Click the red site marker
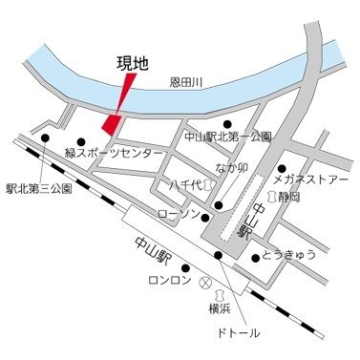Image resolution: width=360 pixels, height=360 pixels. coord(113,123)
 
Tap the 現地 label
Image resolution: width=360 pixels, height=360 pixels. coord(132,65)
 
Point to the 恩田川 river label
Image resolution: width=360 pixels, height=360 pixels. coord(188,85)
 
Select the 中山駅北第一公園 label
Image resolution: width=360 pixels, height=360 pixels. coord(227,138)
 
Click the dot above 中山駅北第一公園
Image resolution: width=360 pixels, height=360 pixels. coord(227,123)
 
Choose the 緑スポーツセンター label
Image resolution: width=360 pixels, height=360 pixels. coord(107,153)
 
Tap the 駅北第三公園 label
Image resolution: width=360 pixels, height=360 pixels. coord(38,189)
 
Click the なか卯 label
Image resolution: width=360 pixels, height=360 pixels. coord(232,168)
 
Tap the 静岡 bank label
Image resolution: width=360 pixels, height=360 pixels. coord(288,196)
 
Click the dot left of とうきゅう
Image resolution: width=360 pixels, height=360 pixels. coord(254,256)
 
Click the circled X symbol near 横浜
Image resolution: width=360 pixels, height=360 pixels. coord(203,283)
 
